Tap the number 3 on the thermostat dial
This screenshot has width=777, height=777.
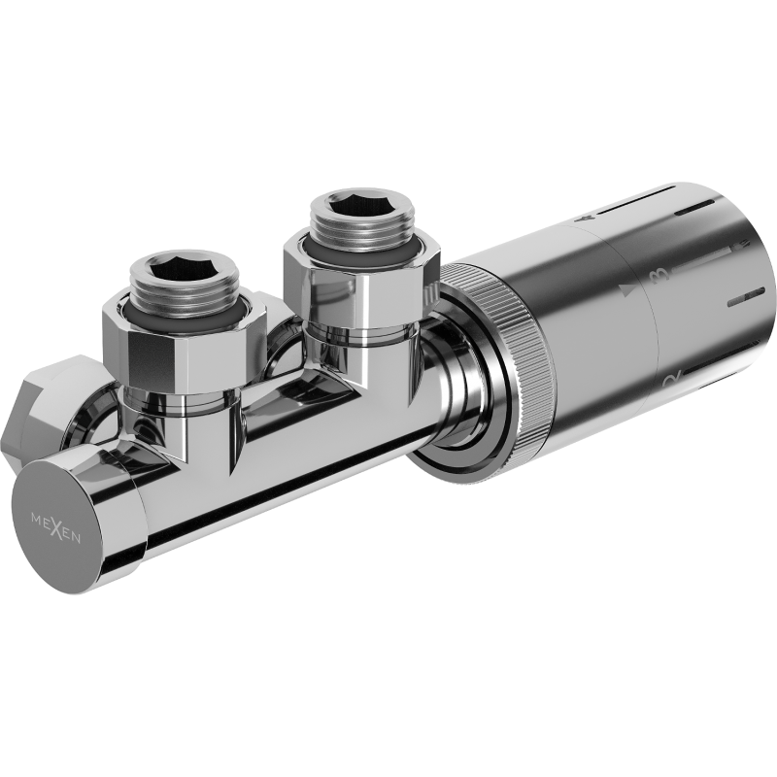664,277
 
